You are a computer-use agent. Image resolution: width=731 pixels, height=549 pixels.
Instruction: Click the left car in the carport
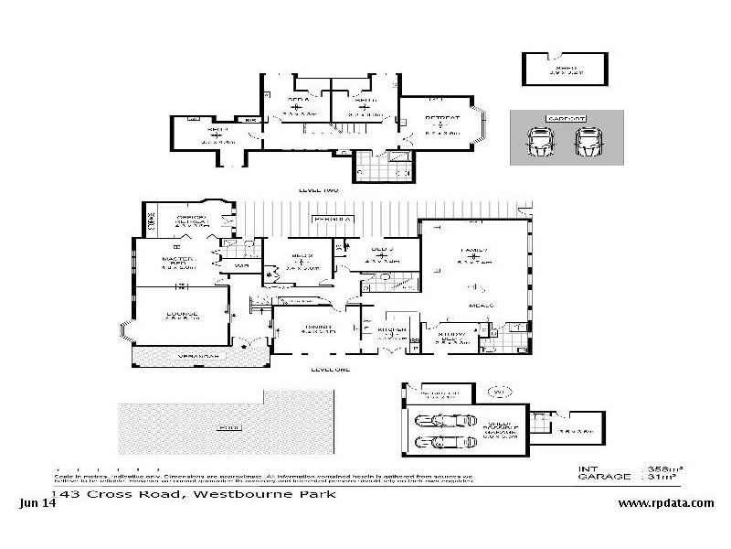point(540,142)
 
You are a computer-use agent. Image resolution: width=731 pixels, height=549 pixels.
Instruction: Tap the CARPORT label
point(566,118)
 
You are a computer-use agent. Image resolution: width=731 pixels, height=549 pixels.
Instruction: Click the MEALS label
point(482,305)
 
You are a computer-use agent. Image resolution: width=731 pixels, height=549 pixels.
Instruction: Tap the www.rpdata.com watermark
point(665,503)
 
